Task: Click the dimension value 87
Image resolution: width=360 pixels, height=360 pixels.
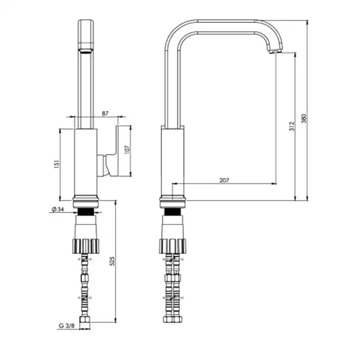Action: pyautogui.click(x=105, y=113)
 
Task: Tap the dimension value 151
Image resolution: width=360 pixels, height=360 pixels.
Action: pyautogui.click(x=57, y=164)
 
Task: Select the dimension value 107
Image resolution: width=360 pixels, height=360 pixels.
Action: pyautogui.click(x=127, y=149)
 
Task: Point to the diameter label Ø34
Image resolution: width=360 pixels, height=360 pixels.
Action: pyautogui.click(x=58, y=209)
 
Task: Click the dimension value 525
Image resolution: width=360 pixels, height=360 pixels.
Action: pyautogui.click(x=112, y=261)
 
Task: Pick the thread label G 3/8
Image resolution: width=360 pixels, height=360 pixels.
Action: pyautogui.click(x=67, y=325)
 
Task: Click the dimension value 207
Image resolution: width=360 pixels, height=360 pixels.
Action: pyautogui.click(x=224, y=180)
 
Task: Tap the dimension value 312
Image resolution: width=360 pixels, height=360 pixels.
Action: pyautogui.click(x=292, y=126)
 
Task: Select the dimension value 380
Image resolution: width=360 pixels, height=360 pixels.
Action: pyautogui.click(x=304, y=118)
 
